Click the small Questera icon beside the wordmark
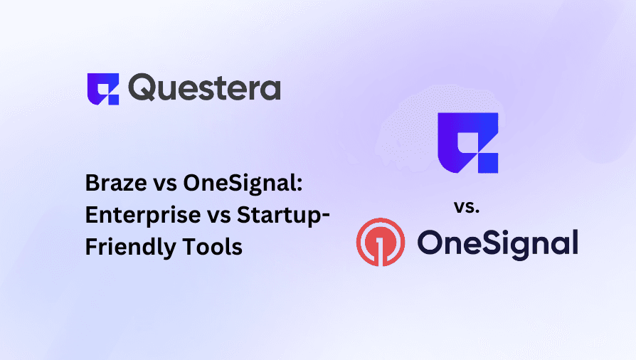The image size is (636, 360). [x=102, y=88]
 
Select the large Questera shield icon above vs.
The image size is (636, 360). [x=467, y=142]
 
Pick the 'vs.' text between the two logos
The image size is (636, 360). [x=466, y=208]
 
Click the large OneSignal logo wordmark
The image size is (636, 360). [x=497, y=242]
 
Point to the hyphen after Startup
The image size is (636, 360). [x=324, y=216]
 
